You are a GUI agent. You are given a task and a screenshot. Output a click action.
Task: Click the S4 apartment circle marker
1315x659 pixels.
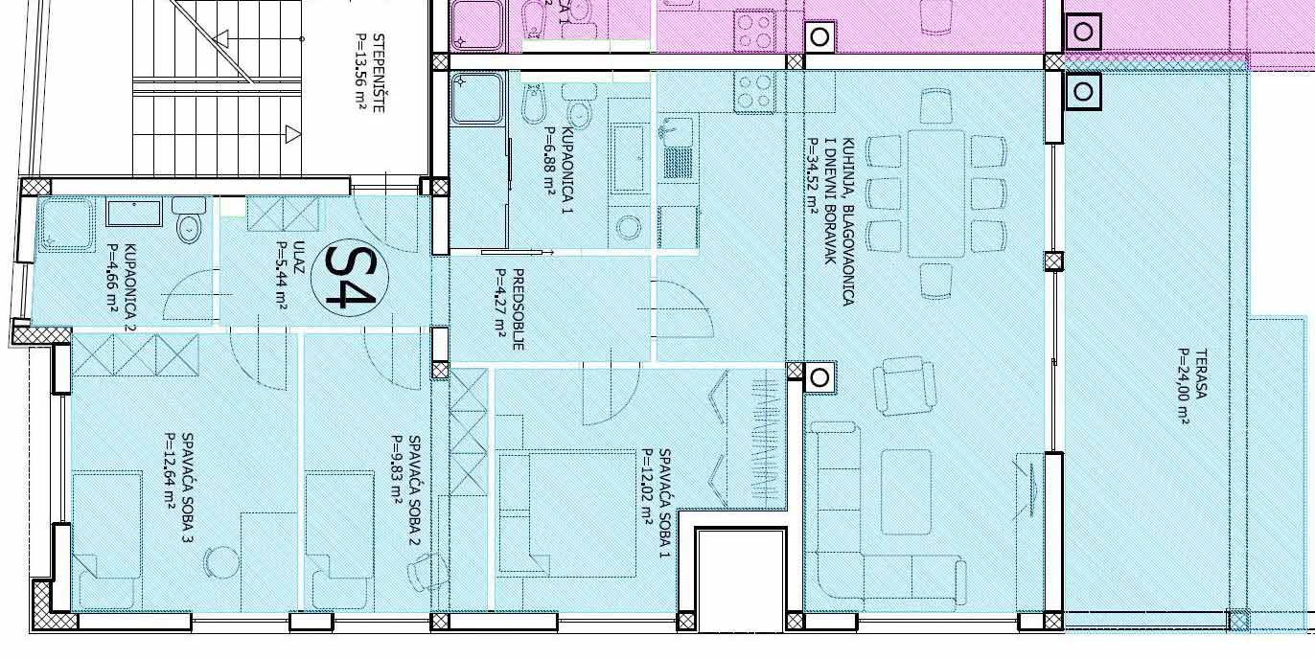click(x=349, y=278)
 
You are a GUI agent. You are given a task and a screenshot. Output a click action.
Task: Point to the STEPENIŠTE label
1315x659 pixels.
click(x=379, y=74)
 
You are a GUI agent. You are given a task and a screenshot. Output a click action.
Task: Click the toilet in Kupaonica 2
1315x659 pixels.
click(x=189, y=220)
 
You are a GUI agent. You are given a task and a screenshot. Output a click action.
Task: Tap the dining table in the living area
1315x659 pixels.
click(x=935, y=193)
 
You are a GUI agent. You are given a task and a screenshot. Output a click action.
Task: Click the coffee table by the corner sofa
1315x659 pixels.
click(x=906, y=491)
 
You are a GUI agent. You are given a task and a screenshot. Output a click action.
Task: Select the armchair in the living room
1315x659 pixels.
click(x=904, y=386)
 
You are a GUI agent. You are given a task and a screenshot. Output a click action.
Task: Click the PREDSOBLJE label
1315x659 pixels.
click(x=518, y=309)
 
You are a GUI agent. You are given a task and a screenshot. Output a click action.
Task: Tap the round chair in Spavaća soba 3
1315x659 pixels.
click(x=222, y=563)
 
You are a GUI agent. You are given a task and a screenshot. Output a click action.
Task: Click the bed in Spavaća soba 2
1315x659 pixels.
click(x=340, y=540)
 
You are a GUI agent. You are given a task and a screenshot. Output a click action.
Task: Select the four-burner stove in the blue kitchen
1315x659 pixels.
click(x=754, y=92)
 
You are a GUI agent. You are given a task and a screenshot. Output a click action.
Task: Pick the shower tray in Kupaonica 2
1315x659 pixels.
click(x=66, y=225)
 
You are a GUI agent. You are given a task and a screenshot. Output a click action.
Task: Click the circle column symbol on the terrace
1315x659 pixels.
click(x=1083, y=92)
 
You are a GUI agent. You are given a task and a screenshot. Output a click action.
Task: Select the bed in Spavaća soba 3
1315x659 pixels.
click(x=106, y=540)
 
